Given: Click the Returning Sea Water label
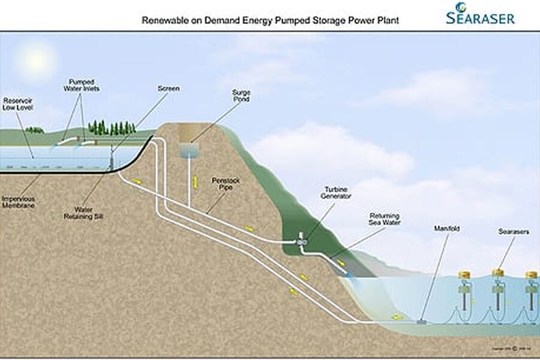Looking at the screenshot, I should click(x=384, y=219).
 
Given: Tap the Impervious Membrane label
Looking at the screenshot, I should click(x=17, y=202).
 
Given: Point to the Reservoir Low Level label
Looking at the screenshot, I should click(x=18, y=104).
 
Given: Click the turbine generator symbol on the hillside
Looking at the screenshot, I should click(x=302, y=241).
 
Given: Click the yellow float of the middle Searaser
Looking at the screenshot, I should click(x=497, y=274).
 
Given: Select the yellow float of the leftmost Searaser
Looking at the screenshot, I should click(x=463, y=275).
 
